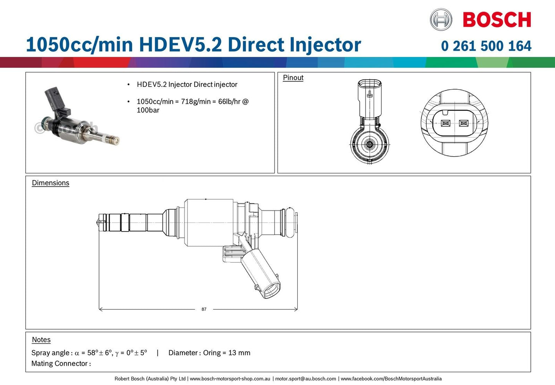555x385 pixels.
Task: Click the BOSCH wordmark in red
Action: point(497,20)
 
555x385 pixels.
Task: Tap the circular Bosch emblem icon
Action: point(441,20)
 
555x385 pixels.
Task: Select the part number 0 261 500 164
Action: point(486,46)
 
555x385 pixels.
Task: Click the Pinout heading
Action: point(293,78)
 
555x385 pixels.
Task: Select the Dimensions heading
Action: point(50,183)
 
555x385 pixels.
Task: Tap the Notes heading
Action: point(41,340)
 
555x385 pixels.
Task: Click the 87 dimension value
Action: point(204,309)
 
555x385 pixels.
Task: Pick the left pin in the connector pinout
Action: point(446,123)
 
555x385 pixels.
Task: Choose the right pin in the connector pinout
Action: point(464,123)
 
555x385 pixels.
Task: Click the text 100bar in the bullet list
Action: point(148,110)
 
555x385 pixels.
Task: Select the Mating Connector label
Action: point(61,363)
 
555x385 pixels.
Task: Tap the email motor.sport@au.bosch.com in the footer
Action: point(305,379)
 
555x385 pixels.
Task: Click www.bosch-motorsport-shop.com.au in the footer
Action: point(230,379)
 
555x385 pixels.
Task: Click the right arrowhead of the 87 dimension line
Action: point(296,309)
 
